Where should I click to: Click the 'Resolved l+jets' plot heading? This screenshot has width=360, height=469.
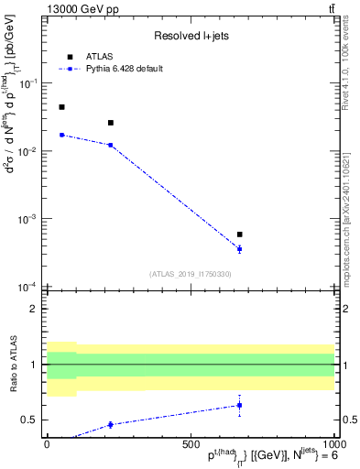[x=191, y=36]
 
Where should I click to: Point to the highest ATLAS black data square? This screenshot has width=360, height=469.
[x=61, y=107]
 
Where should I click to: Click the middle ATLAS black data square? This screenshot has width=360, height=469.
[x=111, y=123]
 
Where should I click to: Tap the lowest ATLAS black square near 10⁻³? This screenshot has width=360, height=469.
[x=239, y=234]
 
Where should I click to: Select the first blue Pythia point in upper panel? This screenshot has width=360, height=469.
[x=61, y=135]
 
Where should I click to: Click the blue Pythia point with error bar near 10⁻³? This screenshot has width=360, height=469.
[x=239, y=249]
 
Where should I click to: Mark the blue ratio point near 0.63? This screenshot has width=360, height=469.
[x=239, y=405]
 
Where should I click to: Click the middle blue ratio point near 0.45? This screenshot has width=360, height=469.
[x=111, y=424]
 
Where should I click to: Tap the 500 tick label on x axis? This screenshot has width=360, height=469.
[x=191, y=442]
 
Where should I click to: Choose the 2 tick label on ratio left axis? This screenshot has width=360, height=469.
[x=35, y=309]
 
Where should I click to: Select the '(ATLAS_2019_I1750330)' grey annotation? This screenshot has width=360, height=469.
[x=191, y=274]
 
